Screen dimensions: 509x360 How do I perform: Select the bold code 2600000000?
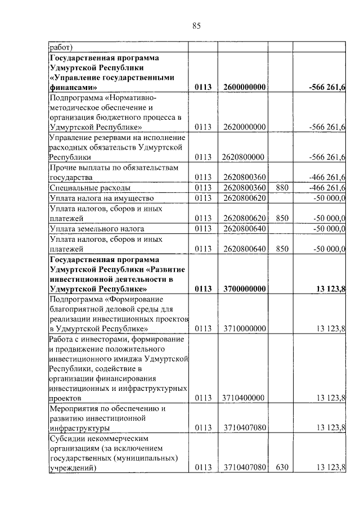tap(244, 87)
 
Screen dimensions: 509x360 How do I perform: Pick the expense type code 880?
tap(279, 187)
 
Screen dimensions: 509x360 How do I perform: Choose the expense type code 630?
tap(279, 467)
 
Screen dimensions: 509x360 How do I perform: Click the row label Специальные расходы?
tap(90, 187)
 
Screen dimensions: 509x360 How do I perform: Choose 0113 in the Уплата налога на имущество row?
tap(202, 197)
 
